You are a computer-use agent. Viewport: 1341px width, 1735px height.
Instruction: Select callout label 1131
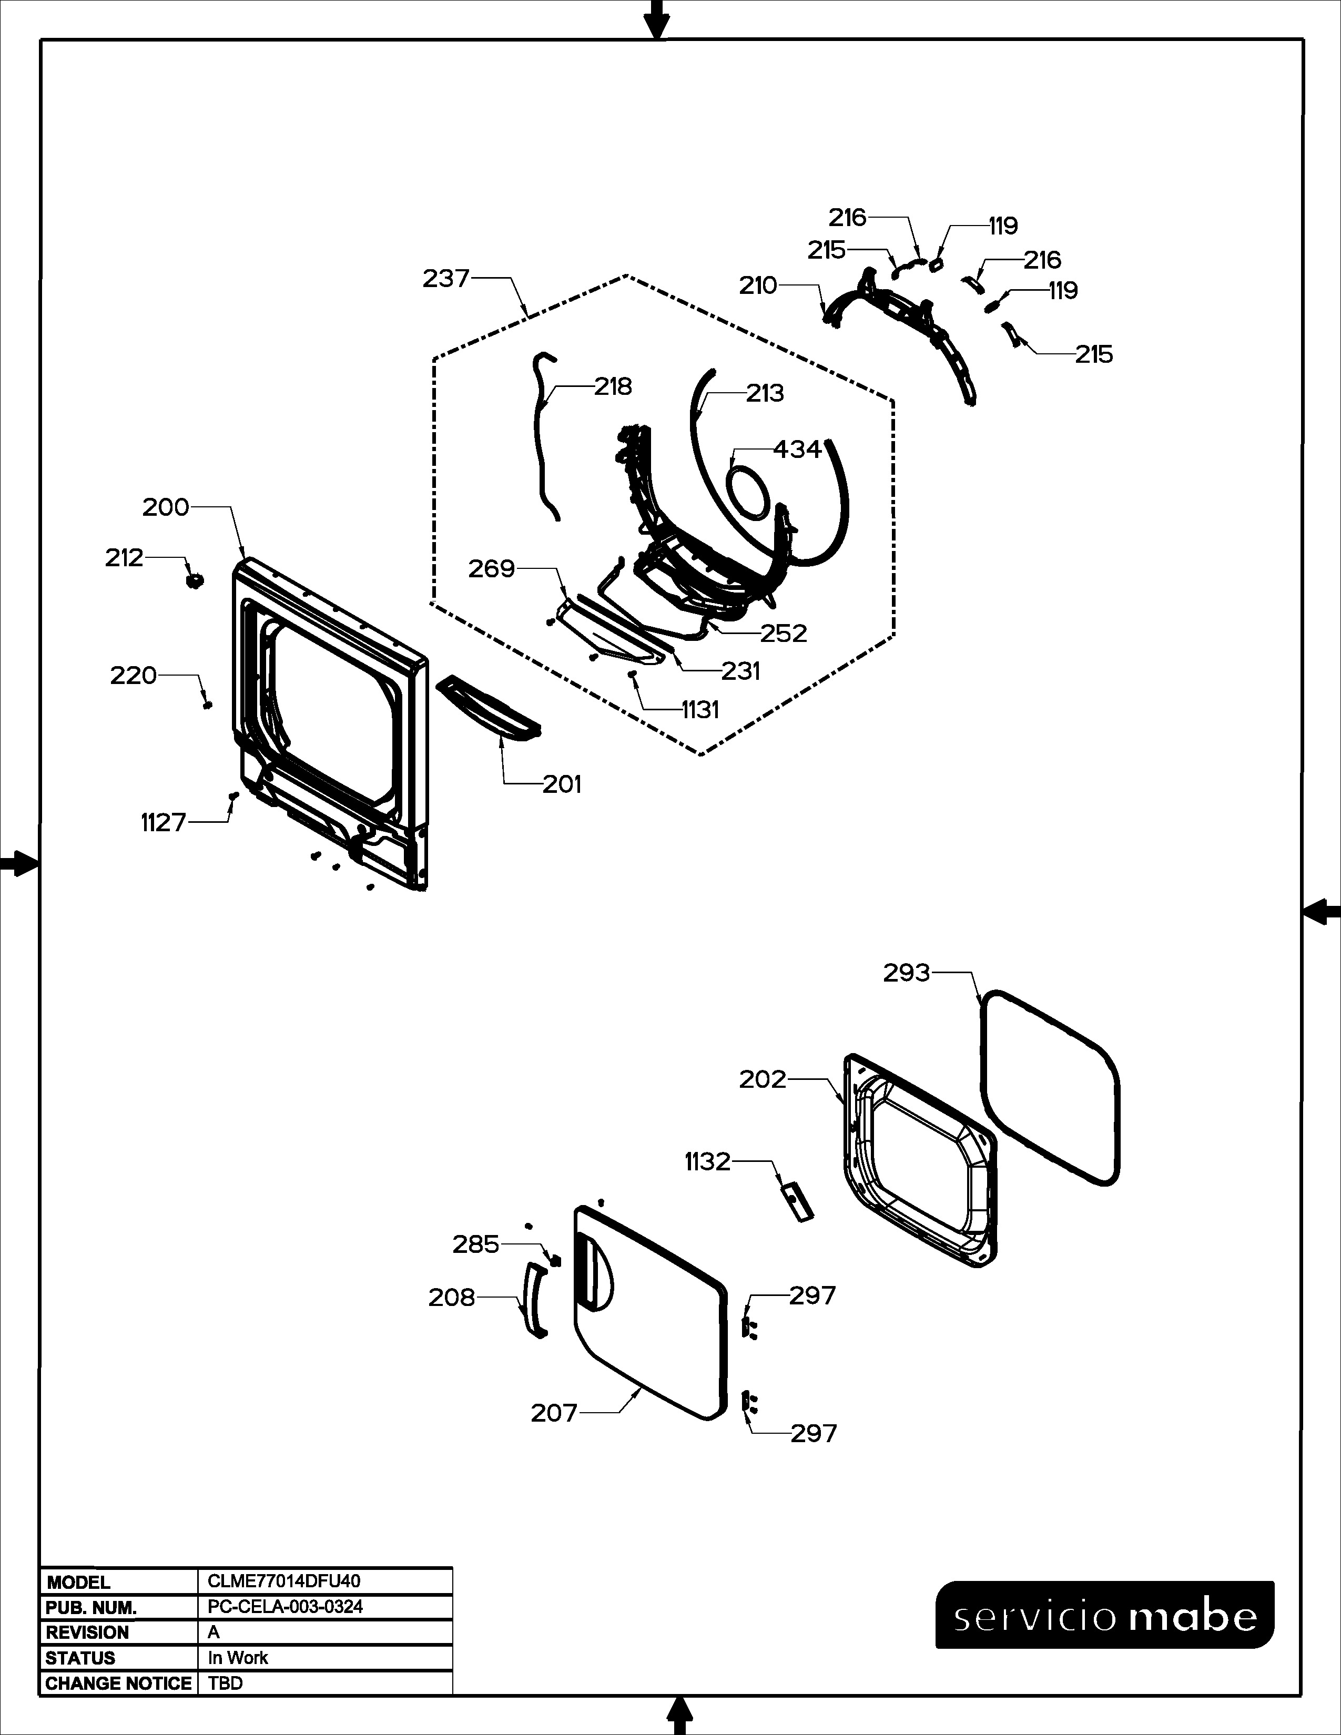click(x=700, y=709)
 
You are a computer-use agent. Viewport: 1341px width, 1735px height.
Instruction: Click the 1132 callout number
click(x=707, y=1162)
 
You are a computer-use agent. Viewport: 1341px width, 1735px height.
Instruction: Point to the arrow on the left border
click(x=19, y=863)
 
